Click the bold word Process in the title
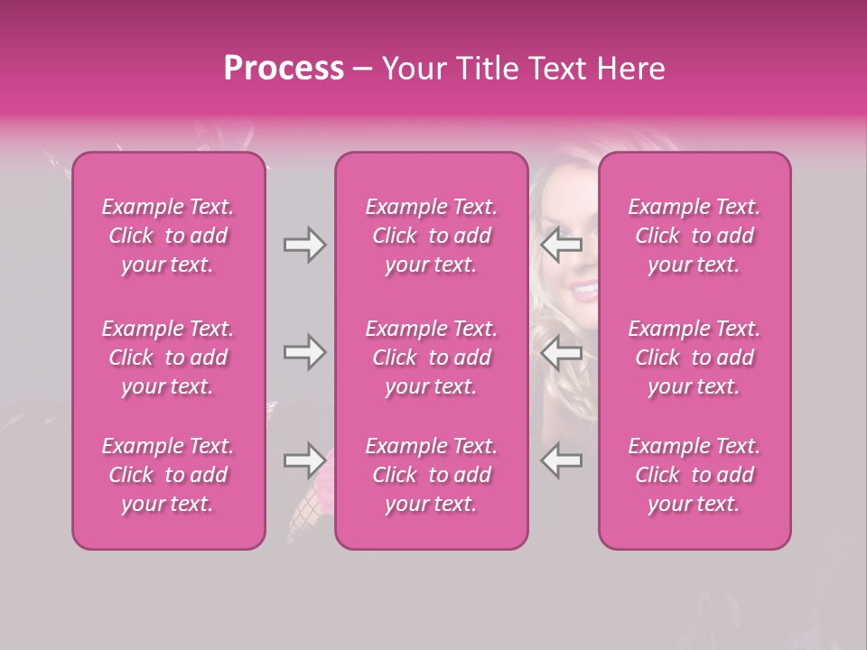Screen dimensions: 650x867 (284, 68)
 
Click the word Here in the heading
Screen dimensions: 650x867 (632, 68)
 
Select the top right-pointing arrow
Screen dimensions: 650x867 (305, 245)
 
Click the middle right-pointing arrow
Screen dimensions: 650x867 (305, 352)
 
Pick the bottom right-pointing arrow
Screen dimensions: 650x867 (305, 460)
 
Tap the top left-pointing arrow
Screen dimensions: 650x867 (562, 245)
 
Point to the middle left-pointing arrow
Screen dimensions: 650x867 (562, 352)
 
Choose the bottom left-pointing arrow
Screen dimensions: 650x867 (562, 460)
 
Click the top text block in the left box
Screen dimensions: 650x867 (168, 236)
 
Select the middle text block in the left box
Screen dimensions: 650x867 (168, 357)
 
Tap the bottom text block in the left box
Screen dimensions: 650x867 (168, 475)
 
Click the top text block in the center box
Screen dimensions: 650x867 (431, 236)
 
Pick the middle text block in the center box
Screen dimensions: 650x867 (431, 357)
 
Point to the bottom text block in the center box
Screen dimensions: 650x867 (431, 475)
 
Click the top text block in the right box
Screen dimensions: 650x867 (694, 236)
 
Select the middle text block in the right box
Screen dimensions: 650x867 (694, 357)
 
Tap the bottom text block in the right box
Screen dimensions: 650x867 (694, 475)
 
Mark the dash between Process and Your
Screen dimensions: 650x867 (362, 70)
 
